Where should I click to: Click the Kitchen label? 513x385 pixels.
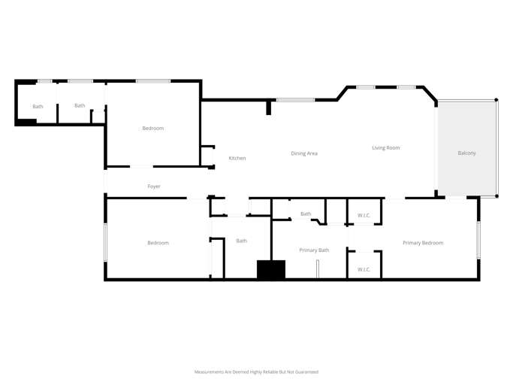pos(237,158)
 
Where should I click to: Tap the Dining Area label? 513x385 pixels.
pos(304,153)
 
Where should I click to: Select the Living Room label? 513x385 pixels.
pos(385,148)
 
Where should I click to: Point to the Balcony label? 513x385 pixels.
pos(466,153)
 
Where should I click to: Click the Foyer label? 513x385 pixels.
pos(154,186)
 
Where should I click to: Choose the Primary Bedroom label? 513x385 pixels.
pos(423,243)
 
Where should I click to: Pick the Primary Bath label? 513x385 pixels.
pos(314,250)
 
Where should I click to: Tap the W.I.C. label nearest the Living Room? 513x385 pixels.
pos(364,216)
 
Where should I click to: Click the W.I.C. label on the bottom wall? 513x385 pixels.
pos(364,269)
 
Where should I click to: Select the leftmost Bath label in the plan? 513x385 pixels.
pos(38,106)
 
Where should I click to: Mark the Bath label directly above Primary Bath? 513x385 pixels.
pos(306,214)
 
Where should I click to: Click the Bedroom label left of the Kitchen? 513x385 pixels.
pos(152,129)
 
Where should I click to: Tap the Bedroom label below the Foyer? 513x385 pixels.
pos(158,243)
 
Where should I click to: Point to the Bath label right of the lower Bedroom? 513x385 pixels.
pos(241,241)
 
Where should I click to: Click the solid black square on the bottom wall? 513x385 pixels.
pos(271,270)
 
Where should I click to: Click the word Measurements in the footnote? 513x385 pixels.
pos(210,371)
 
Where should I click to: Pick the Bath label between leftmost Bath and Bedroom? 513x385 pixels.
pos(80,106)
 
